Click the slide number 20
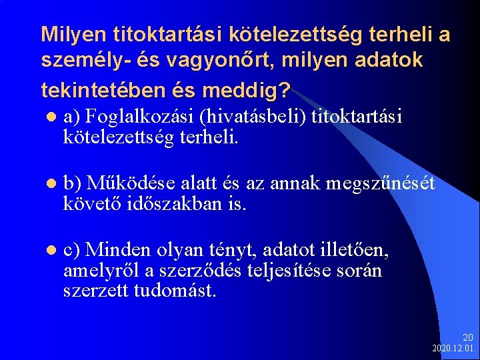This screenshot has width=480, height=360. [x=467, y=338]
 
